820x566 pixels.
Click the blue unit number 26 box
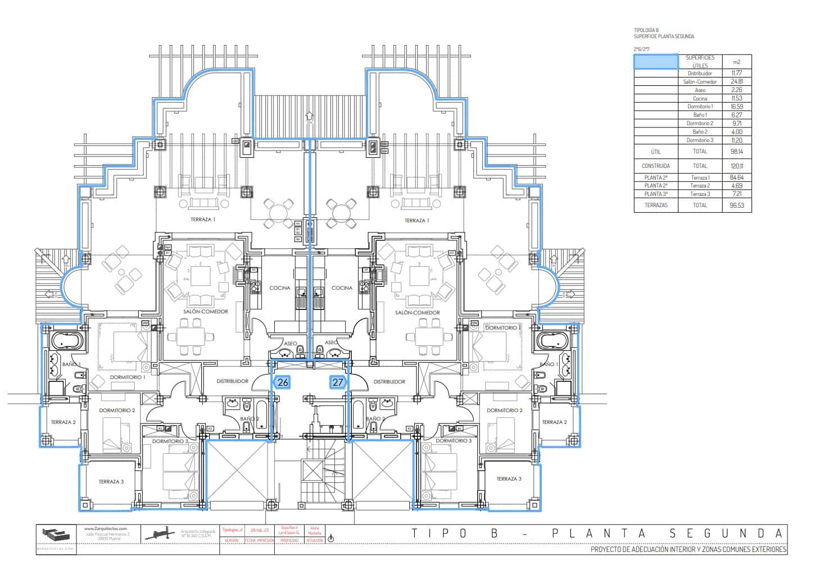(x=283, y=382)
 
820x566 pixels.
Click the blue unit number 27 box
(x=338, y=382)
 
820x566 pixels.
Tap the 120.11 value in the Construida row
(x=737, y=166)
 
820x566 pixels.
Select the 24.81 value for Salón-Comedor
(x=737, y=82)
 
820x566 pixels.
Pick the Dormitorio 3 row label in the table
(x=700, y=140)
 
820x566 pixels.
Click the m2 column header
(x=737, y=62)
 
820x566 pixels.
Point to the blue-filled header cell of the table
(x=656, y=62)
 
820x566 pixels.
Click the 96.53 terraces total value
(x=737, y=206)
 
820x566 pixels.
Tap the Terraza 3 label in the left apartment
(x=111, y=482)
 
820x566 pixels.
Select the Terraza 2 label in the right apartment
(x=554, y=422)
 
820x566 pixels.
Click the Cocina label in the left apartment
(x=280, y=288)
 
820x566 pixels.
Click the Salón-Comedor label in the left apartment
(x=205, y=312)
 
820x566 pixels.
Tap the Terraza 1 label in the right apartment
(x=416, y=221)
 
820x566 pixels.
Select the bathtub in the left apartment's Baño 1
(x=67, y=340)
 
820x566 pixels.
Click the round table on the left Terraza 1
(x=279, y=213)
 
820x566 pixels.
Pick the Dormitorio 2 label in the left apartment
(x=117, y=410)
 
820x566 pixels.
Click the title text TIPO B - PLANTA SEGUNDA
(x=596, y=533)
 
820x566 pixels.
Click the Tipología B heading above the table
(x=646, y=30)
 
